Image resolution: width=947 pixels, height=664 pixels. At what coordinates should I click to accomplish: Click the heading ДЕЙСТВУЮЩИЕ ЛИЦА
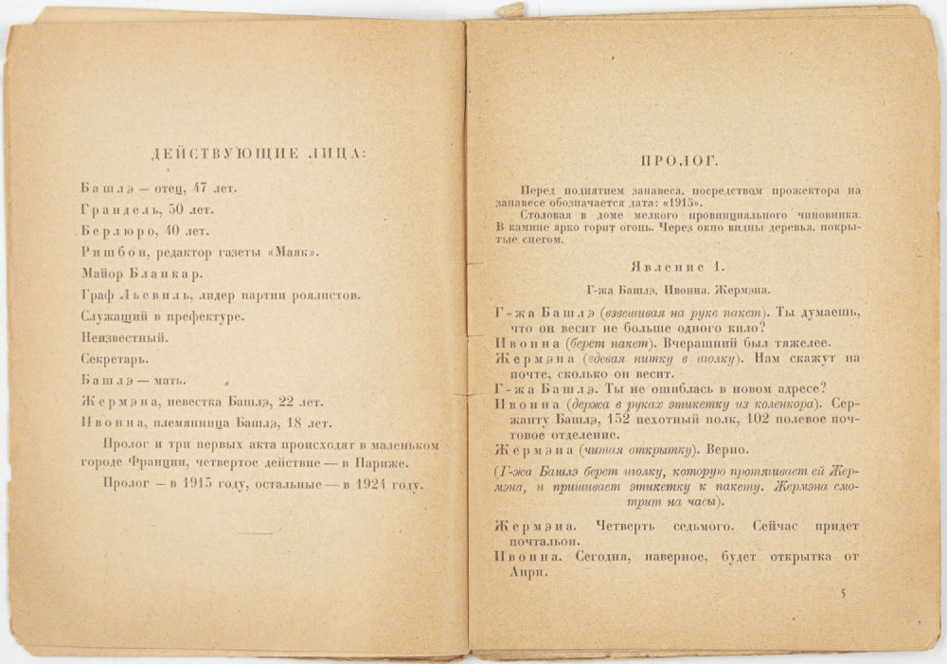coord(248,153)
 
